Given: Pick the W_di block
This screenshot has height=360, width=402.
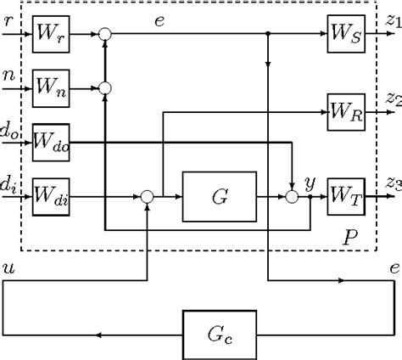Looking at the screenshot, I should pyautogui.click(x=49, y=195).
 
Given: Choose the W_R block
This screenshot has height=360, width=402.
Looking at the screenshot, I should pyautogui.click(x=346, y=111).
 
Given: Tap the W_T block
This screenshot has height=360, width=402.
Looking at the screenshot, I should pyautogui.click(x=346, y=195).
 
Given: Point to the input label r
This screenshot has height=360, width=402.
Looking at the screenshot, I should pyautogui.click(x=8, y=19).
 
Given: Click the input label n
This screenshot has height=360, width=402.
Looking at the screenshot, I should pyautogui.click(x=8, y=74).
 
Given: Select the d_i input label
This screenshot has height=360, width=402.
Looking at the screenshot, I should pyautogui.click(x=10, y=180).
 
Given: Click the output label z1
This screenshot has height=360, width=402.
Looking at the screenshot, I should pyautogui.click(x=392, y=19).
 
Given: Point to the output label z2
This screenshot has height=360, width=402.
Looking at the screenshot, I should pyautogui.click(x=392, y=98).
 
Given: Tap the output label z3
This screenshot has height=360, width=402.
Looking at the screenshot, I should pyautogui.click(x=392, y=182).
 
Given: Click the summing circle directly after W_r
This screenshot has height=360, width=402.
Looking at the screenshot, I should pyautogui.click(x=105, y=34).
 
